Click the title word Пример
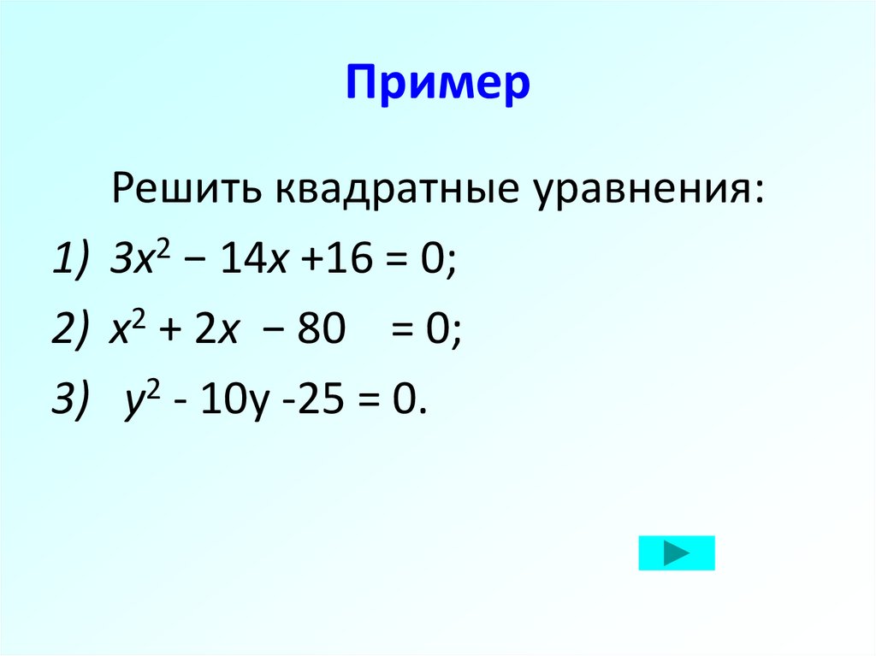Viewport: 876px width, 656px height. point(438,86)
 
